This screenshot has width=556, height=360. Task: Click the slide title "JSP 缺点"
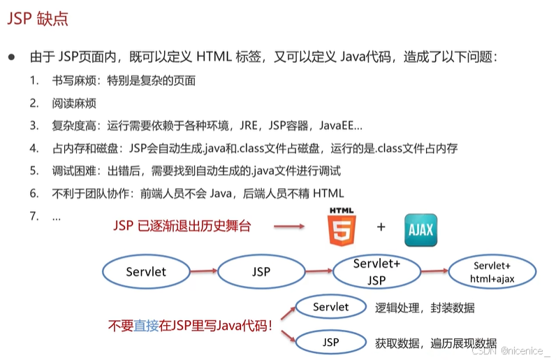(38, 18)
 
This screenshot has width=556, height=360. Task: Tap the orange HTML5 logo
(342, 227)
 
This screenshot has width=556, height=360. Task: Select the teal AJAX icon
(421, 230)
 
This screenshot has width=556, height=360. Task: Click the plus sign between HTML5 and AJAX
(381, 226)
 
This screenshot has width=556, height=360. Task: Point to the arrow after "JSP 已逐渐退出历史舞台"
(289, 226)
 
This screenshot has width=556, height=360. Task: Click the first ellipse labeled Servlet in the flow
(146, 272)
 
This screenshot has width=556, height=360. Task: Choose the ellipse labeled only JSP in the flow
(261, 272)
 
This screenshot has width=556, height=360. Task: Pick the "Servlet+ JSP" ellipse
(376, 272)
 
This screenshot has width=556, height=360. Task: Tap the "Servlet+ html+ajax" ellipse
(492, 272)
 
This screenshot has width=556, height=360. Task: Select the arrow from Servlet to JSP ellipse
(204, 271)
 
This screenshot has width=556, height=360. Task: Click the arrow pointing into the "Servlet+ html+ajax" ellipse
(434, 271)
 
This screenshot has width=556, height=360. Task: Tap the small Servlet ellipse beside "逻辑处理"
(331, 307)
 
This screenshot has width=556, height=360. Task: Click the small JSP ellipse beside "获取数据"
(331, 343)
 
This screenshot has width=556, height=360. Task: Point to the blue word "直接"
(146, 325)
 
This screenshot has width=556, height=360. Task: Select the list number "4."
(34, 148)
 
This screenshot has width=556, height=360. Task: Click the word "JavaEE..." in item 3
(341, 126)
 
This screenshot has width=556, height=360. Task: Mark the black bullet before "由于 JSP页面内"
(12, 57)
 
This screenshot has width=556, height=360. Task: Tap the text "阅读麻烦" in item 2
(74, 103)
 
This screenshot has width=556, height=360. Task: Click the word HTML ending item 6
(329, 194)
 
